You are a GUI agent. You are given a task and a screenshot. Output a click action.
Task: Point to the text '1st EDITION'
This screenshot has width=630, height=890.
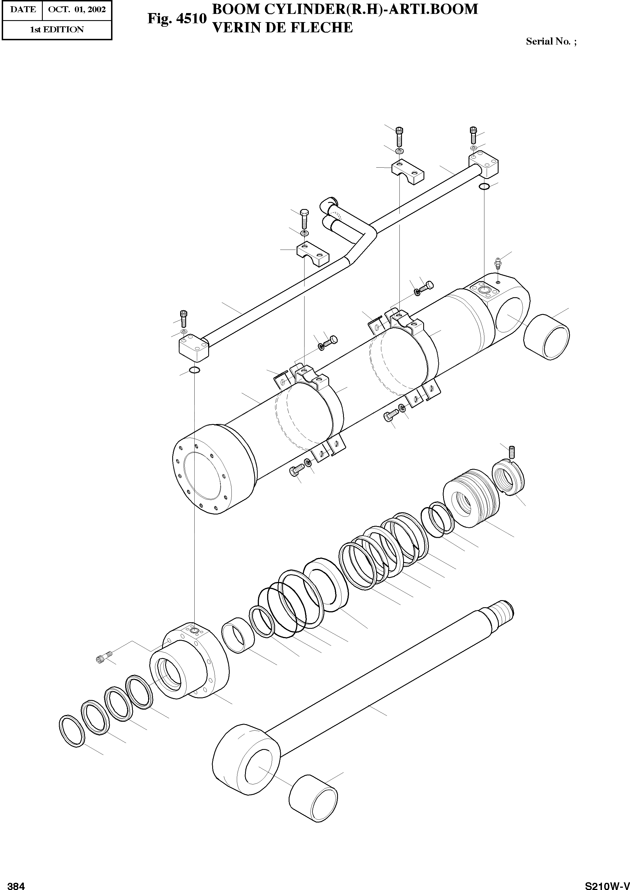click(x=57, y=29)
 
